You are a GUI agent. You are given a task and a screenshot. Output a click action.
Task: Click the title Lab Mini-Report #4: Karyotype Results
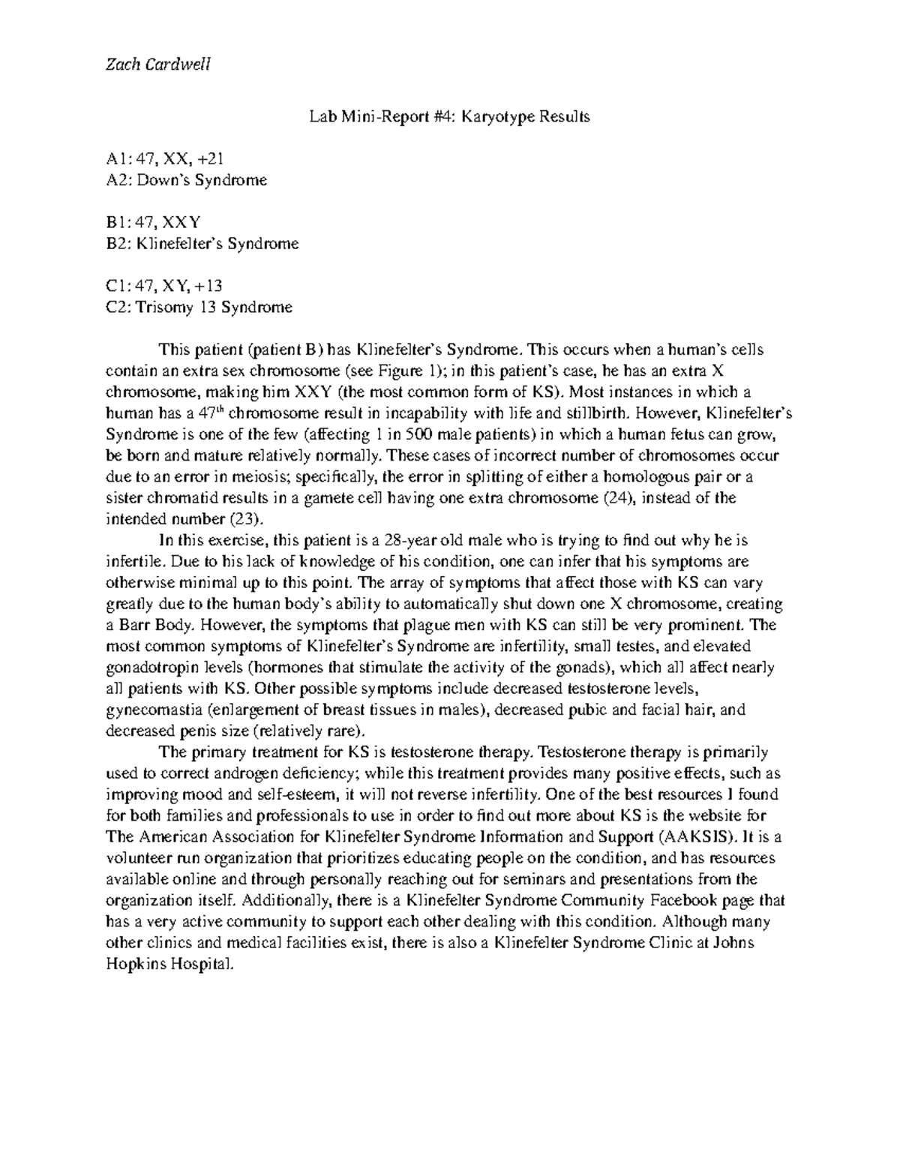pos(450,116)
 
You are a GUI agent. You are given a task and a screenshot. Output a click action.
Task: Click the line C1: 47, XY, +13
pos(164,286)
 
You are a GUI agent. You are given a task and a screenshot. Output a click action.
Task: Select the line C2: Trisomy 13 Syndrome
pos(199,307)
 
